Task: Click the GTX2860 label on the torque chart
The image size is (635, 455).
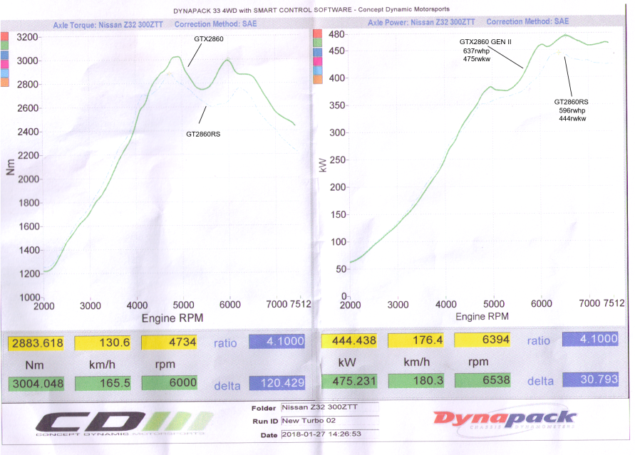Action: click(x=209, y=38)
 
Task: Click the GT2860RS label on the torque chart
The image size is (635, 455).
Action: click(x=203, y=133)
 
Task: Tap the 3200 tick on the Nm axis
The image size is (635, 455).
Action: click(x=28, y=37)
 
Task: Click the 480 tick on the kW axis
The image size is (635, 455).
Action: click(x=336, y=35)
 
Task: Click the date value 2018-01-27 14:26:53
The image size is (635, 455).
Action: click(x=323, y=434)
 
